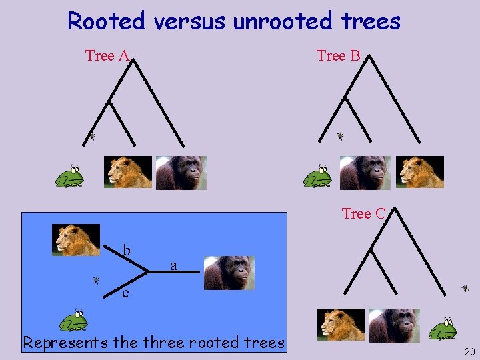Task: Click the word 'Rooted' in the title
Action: [106, 21]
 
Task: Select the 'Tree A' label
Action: [107, 56]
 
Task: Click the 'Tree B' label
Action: [338, 56]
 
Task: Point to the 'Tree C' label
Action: [363, 213]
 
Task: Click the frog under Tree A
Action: [69, 177]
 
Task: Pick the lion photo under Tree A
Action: [128, 172]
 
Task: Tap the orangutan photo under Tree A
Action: [181, 173]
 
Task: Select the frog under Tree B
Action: [318, 177]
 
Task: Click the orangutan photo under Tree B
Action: [365, 173]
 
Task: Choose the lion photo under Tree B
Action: [419, 172]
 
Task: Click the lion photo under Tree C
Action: [341, 325]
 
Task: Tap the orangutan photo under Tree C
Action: [394, 325]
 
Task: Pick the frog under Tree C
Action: [442, 328]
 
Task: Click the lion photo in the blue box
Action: [76, 240]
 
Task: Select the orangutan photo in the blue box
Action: [229, 273]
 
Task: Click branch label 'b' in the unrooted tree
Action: [126, 251]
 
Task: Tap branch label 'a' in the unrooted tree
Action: [173, 266]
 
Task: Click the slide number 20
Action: [469, 351]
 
